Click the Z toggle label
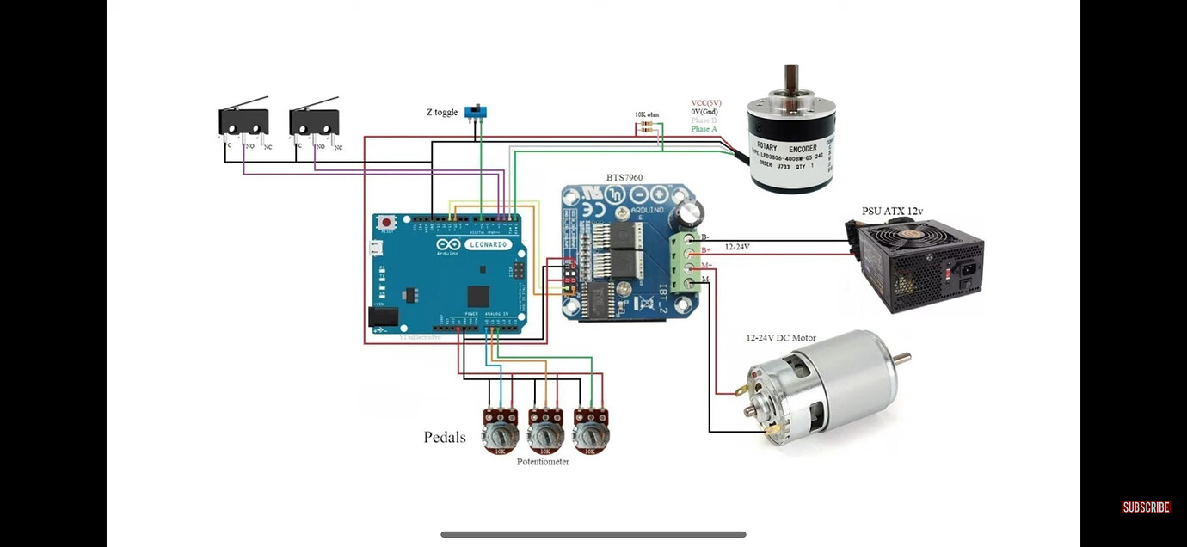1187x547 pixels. (441, 113)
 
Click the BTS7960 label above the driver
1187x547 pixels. (624, 178)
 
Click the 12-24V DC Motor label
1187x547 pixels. (780, 338)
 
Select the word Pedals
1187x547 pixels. (445, 437)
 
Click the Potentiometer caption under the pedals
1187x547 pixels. (543, 462)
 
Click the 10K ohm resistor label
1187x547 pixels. (647, 114)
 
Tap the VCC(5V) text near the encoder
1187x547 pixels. (705, 103)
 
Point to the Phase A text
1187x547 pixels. (704, 129)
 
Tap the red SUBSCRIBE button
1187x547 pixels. (1146, 507)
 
